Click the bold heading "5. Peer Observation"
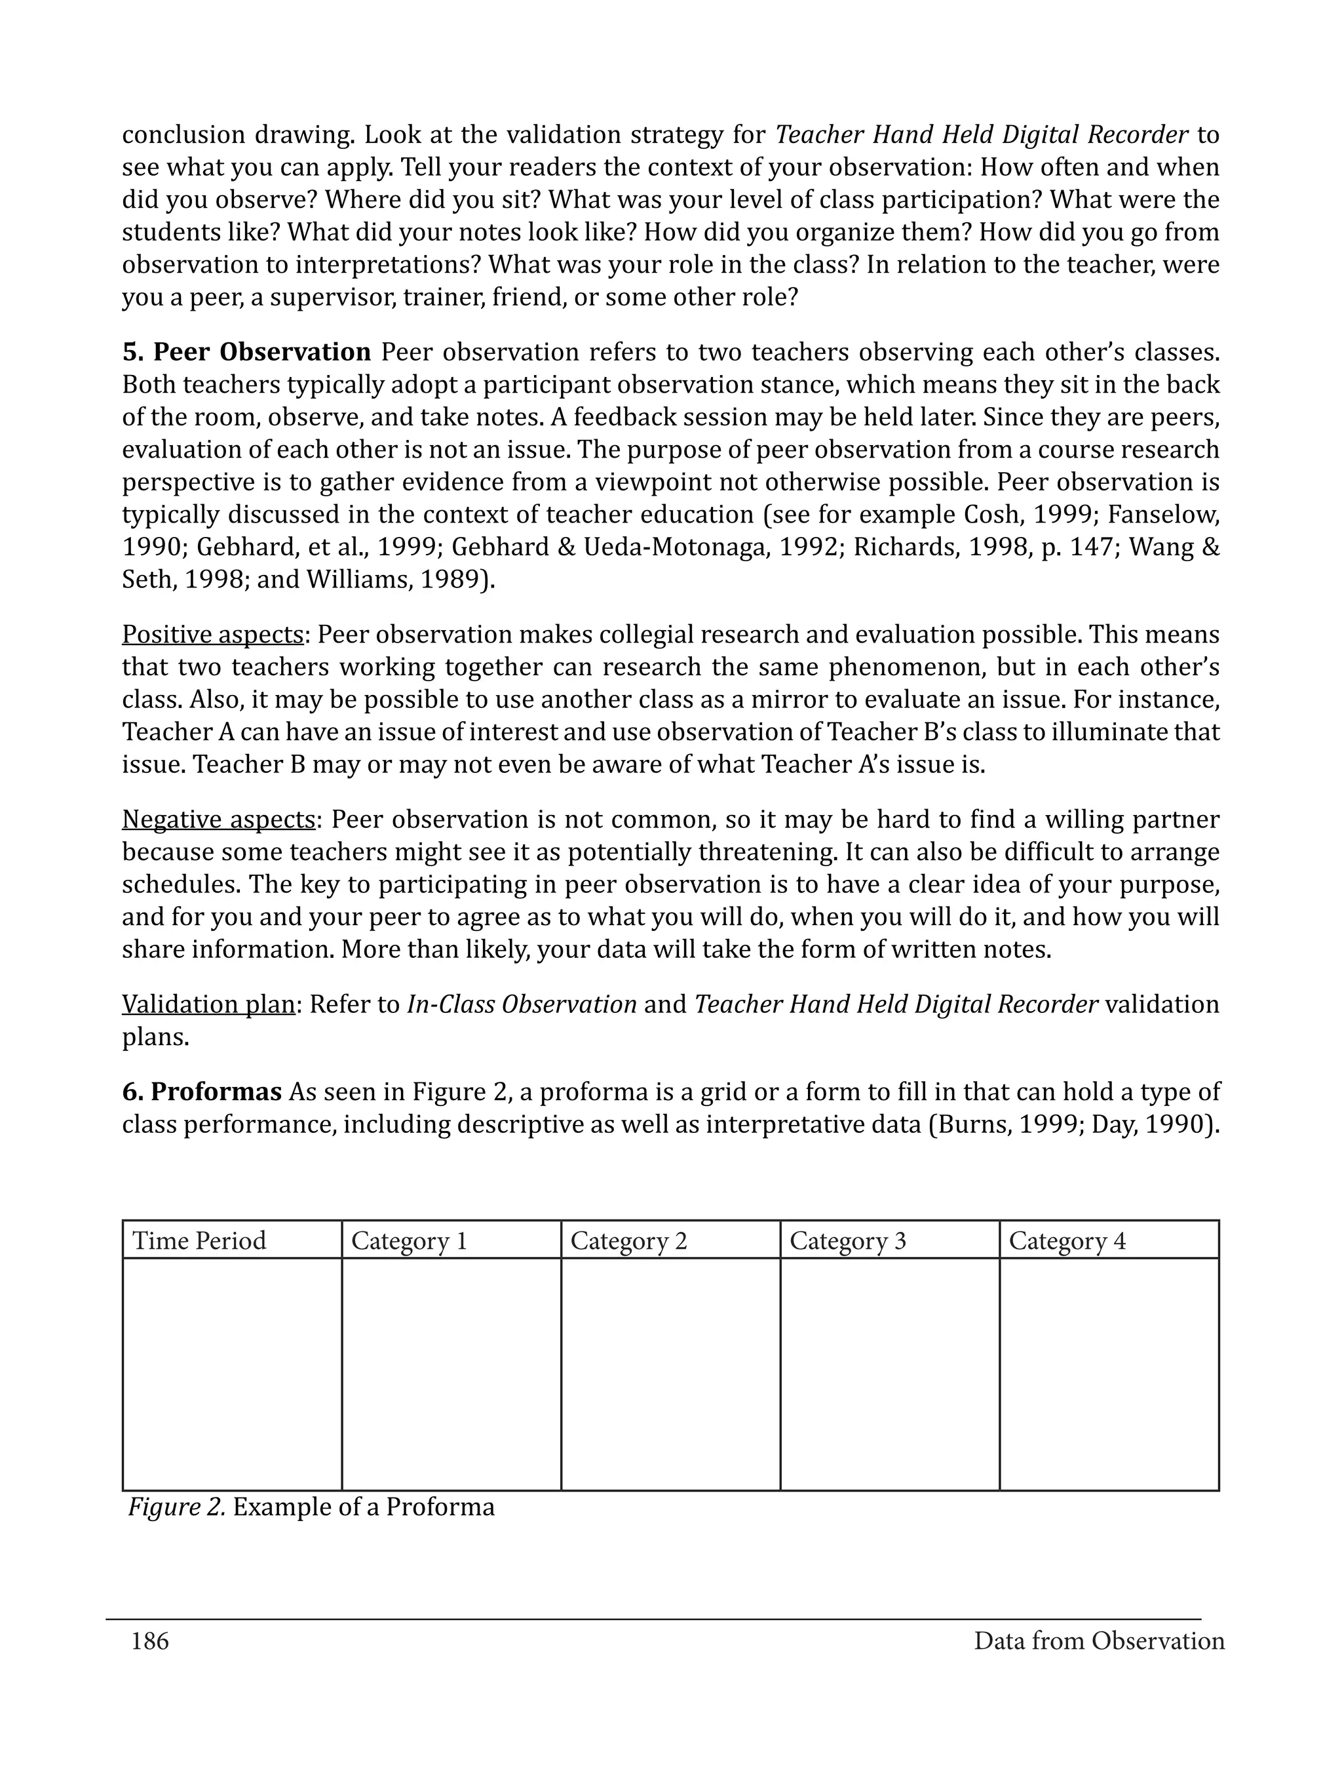(x=246, y=353)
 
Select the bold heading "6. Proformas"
(x=202, y=1092)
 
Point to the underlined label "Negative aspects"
(x=218, y=820)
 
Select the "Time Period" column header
(x=199, y=1240)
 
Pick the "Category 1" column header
(x=410, y=1240)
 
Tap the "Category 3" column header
(x=848, y=1240)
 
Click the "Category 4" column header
(x=1067, y=1240)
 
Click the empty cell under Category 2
(x=670, y=1374)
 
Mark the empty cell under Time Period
(x=232, y=1374)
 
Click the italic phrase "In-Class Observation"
(x=522, y=1004)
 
